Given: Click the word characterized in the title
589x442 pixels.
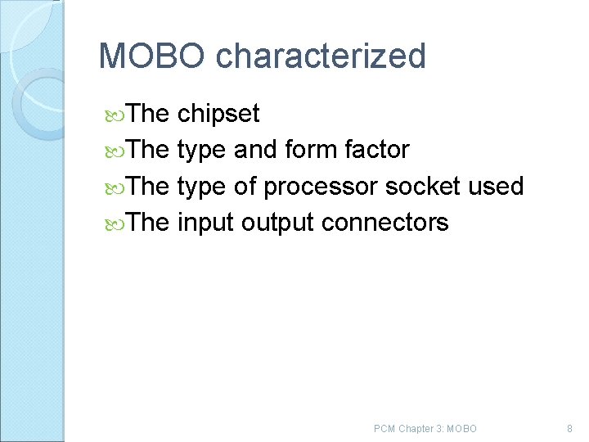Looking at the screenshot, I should (321, 56).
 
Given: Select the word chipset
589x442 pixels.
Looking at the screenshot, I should (218, 114).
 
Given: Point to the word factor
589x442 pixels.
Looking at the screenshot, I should (377, 150).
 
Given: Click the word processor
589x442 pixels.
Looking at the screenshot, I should (321, 187).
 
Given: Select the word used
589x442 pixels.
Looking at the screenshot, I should (496, 186).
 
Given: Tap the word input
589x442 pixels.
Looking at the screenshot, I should (205, 222).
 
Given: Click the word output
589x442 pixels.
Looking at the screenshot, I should (278, 223).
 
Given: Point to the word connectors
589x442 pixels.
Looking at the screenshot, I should (385, 222).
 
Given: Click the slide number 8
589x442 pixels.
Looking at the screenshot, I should (569, 429).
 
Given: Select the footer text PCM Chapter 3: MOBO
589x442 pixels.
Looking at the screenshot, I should (425, 429).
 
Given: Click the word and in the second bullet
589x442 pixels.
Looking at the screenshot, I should (255, 150).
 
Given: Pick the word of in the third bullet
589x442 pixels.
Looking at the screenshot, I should (245, 186).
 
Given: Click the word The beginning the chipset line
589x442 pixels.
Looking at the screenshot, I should (147, 114).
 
